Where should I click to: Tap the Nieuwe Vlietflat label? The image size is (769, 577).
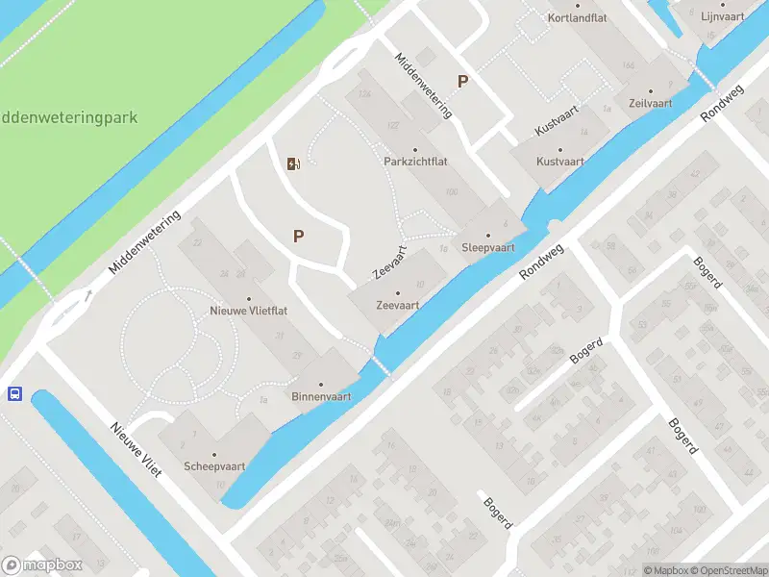click(249, 311)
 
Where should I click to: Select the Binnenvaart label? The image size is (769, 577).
click(321, 396)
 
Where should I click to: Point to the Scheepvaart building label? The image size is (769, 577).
click(214, 466)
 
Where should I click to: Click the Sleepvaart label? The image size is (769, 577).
click(487, 247)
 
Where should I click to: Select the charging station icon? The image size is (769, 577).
click(293, 163)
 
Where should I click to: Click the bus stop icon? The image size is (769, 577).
click(14, 393)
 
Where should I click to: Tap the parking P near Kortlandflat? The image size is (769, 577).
click(462, 82)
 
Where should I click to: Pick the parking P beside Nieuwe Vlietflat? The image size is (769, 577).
click(298, 236)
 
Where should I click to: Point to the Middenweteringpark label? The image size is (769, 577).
click(67, 118)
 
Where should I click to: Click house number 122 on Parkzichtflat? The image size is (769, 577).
click(392, 126)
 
